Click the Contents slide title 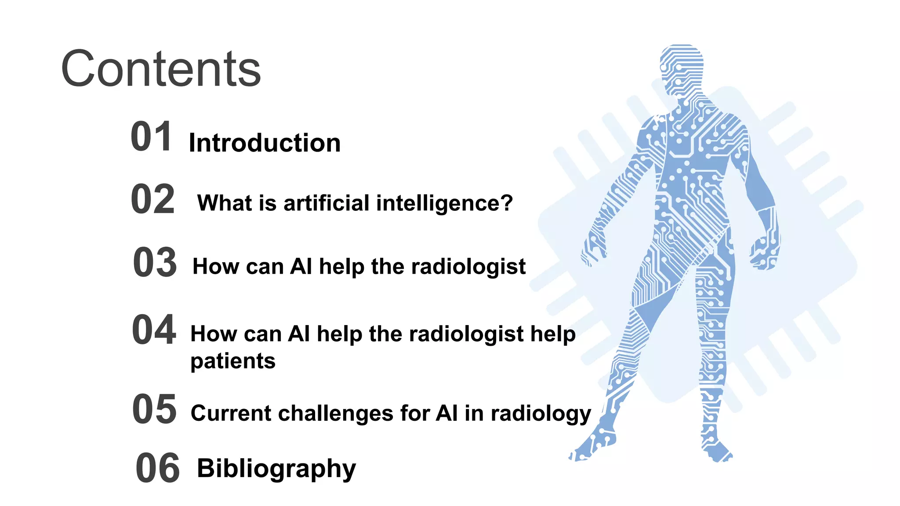point(161,69)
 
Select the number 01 point(151,137)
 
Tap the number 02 point(153,199)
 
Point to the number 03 point(155,263)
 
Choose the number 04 point(154,329)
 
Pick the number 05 point(154,409)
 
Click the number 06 point(157,468)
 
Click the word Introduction point(265,143)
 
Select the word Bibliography point(276,469)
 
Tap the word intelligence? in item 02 point(444,203)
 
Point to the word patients point(232,361)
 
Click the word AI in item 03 point(301,267)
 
